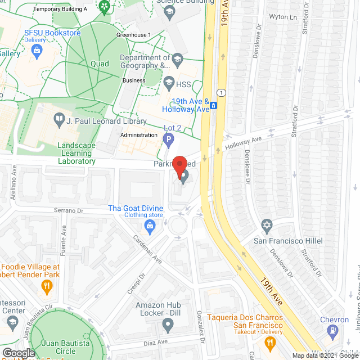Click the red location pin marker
[x=179, y=167]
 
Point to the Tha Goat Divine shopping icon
[x=150, y=227]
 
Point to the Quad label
[x=100, y=64]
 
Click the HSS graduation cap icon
[x=168, y=84]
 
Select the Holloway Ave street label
[x=244, y=145]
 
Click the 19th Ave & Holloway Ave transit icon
[x=214, y=104]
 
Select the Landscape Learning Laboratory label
[x=76, y=153]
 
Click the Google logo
[x=18, y=353]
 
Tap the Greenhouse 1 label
[x=133, y=35]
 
